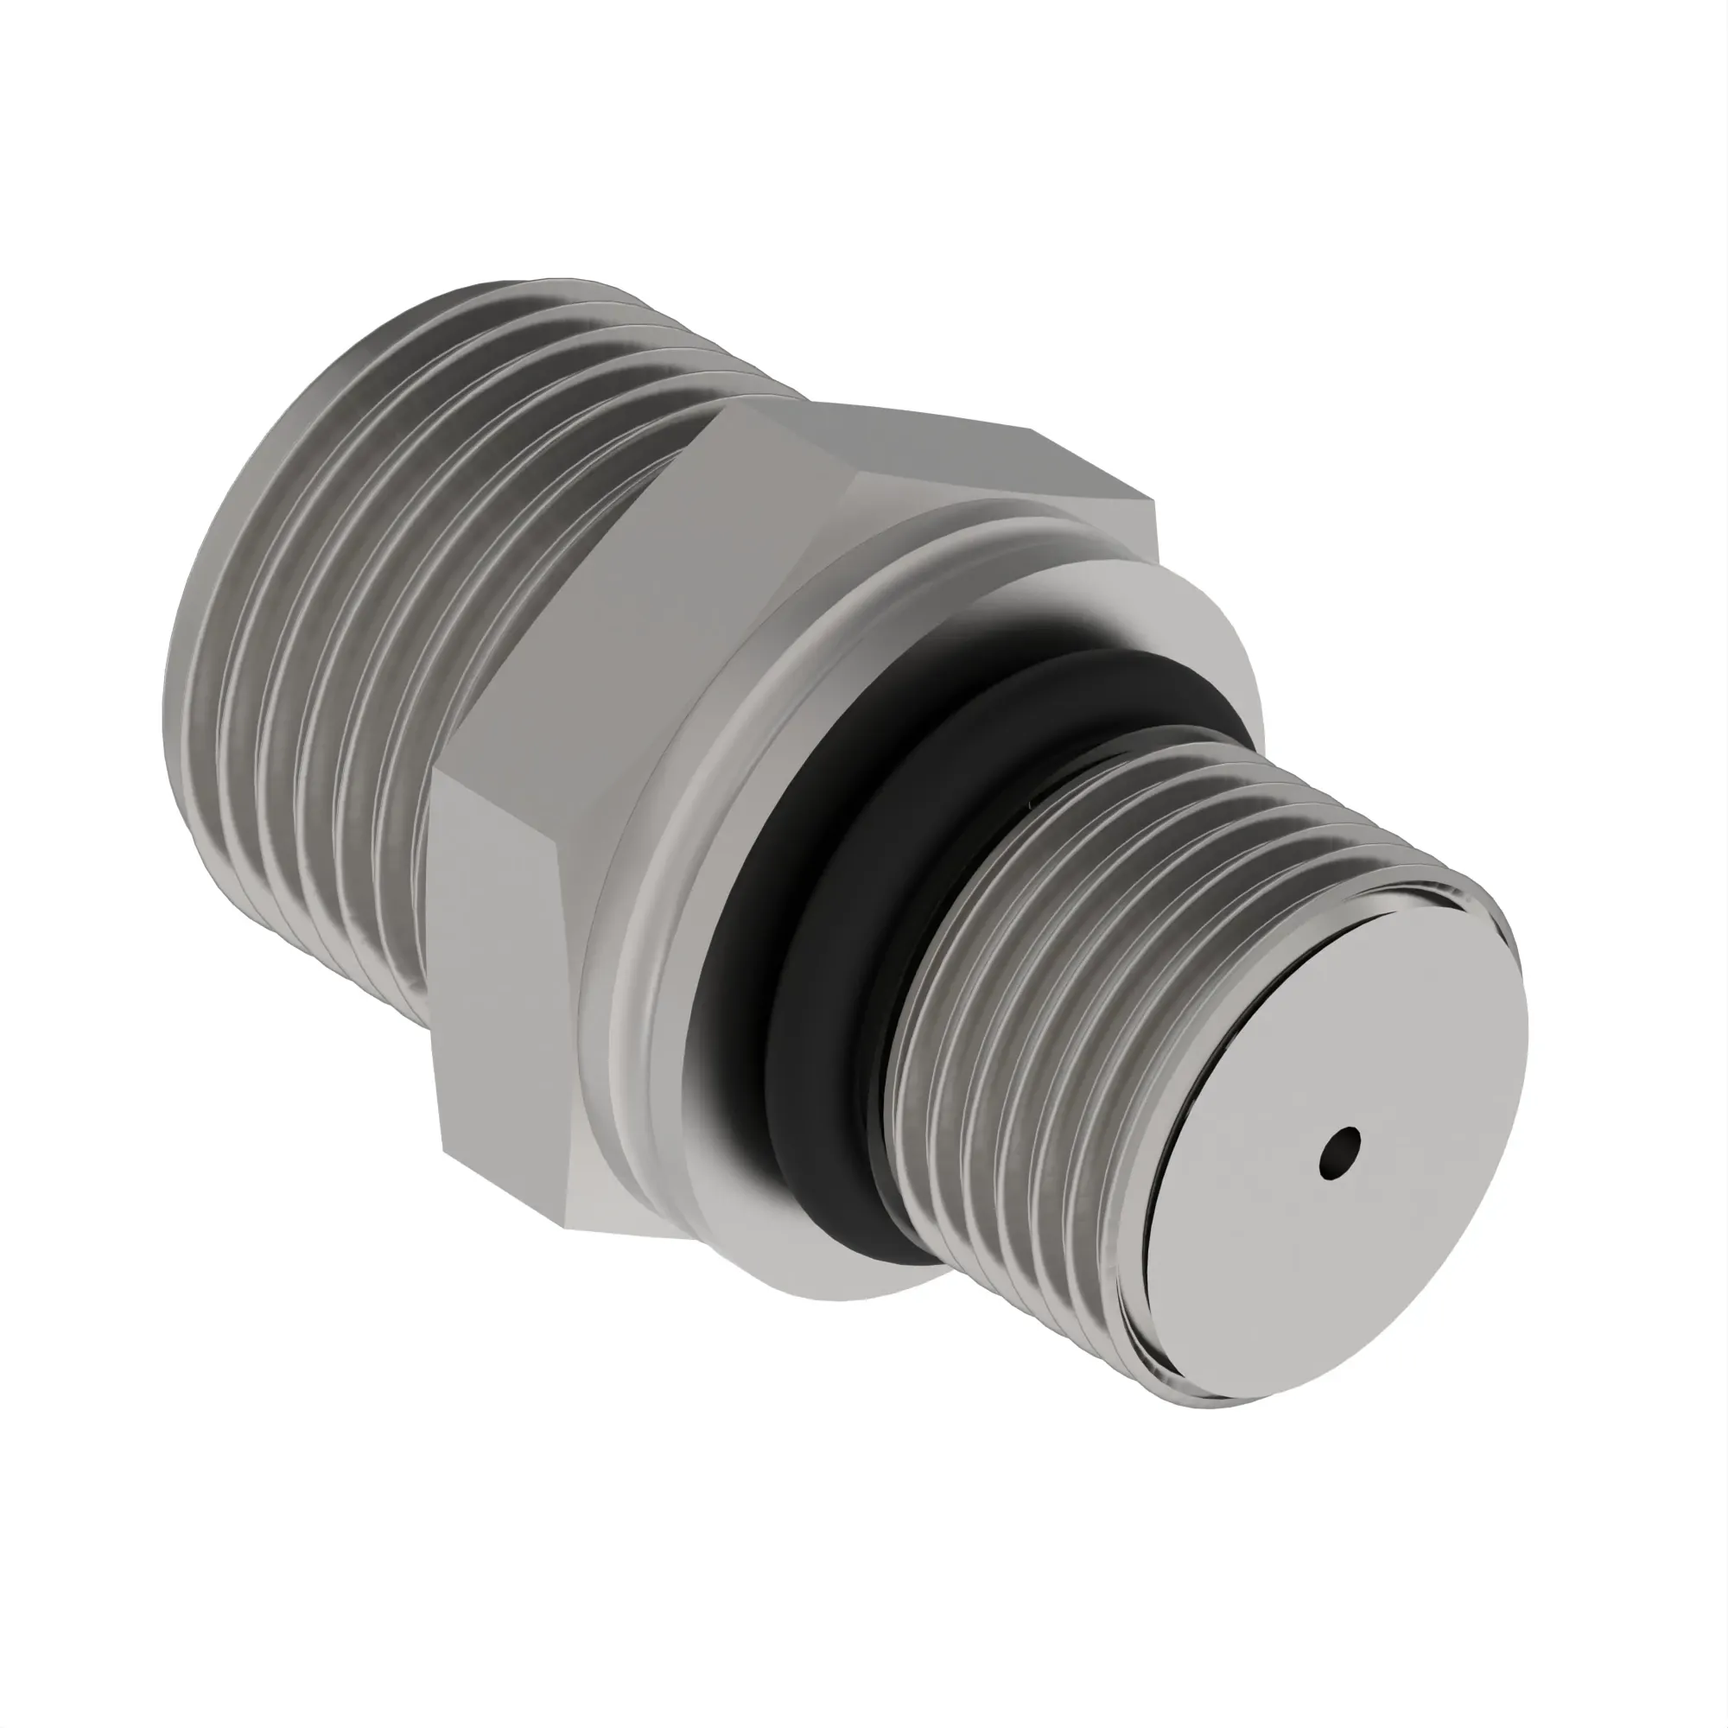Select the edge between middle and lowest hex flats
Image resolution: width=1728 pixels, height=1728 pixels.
[501, 787]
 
